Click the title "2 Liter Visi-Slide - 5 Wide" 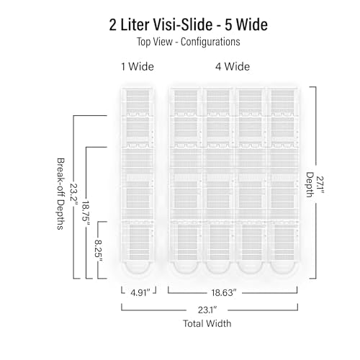tap(189, 24)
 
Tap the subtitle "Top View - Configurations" tap(189, 42)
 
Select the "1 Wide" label tap(138, 66)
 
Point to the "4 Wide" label tap(233, 66)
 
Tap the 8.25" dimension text tap(98, 251)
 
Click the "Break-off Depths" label tap(60, 194)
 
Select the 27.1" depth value tap(320, 185)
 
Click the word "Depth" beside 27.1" tap(310, 185)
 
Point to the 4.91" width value tap(140, 293)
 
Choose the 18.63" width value tap(224, 293)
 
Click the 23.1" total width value tap(207, 310)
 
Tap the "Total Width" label tap(207, 323)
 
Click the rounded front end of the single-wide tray tap(138, 269)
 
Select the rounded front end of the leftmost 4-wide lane tap(186, 269)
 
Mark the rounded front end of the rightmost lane tap(283, 269)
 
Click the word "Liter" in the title tap(135, 24)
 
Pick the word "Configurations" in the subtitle tap(210, 42)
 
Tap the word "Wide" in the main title tap(252, 24)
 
